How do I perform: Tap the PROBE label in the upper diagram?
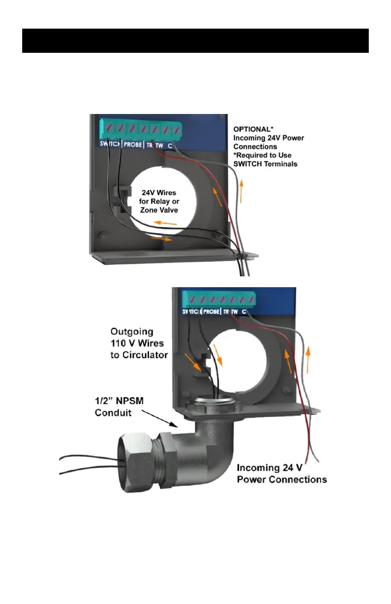pos(133,145)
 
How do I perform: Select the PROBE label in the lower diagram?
pos(211,312)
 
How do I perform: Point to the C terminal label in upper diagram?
pos(170,146)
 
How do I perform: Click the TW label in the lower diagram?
pos(235,312)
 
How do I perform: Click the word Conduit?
pos(112,413)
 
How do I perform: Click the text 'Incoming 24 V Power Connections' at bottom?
pos(281,473)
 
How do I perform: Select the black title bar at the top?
pos(195,40)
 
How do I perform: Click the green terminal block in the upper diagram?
pos(140,129)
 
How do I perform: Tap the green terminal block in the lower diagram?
pos(218,298)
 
